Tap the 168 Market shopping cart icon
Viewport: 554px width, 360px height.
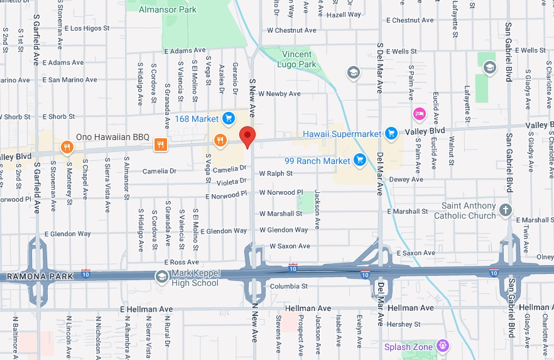pyautogui.click(x=228, y=118)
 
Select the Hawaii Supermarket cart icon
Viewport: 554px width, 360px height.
pyautogui.click(x=391, y=133)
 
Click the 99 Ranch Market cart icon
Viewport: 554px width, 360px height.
pyautogui.click(x=360, y=160)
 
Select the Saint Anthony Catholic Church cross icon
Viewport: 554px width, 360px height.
pyautogui.click(x=506, y=210)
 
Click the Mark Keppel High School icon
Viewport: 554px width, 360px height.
pyautogui.click(x=161, y=276)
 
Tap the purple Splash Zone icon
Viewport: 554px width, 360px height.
pyautogui.click(x=443, y=345)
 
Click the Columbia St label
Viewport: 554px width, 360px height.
pyautogui.click(x=288, y=286)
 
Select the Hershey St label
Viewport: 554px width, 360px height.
pyautogui.click(x=404, y=324)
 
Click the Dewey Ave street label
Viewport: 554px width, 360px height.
pyautogui.click(x=407, y=179)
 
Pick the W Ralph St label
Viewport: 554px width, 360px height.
pyautogui.click(x=276, y=173)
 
